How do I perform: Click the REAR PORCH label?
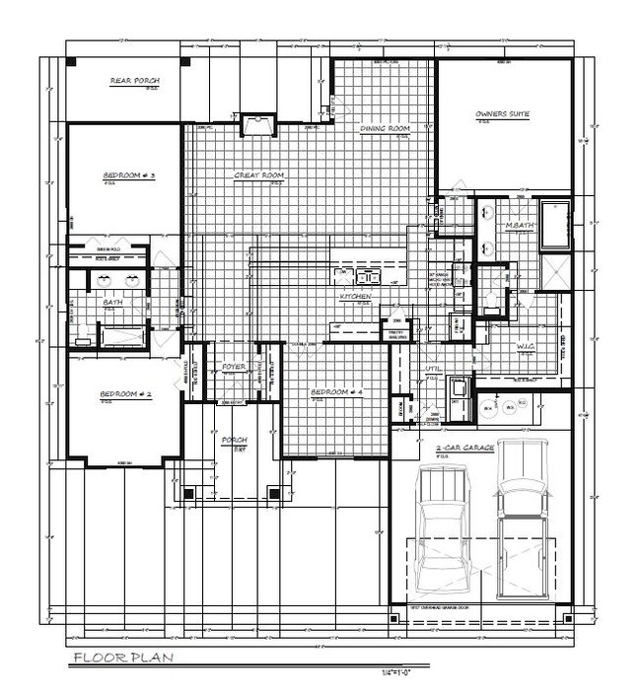tap(135, 81)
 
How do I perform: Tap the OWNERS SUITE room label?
tap(502, 114)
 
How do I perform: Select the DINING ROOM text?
tap(384, 129)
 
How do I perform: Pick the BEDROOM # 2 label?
tap(124, 394)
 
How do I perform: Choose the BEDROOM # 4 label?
tap(337, 391)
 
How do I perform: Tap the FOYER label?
tap(234, 367)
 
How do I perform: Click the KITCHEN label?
tap(355, 296)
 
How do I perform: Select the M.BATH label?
tap(519, 227)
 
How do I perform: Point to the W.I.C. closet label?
tap(525, 346)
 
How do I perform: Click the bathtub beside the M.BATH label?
tap(554, 221)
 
